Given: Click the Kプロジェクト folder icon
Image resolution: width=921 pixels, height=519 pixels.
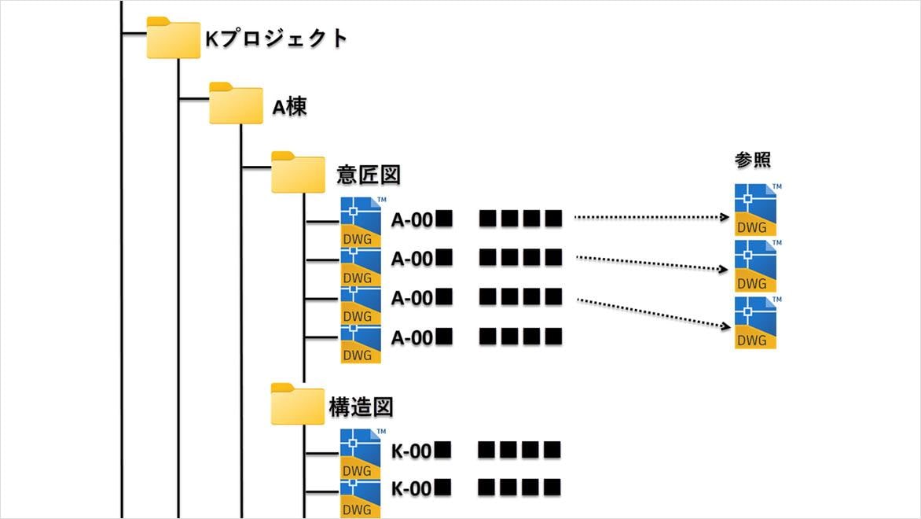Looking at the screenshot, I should pyautogui.click(x=173, y=39).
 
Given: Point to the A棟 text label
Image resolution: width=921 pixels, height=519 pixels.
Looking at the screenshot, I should pyautogui.click(x=289, y=106).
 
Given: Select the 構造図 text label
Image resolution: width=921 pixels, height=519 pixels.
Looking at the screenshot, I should pyautogui.click(x=361, y=407).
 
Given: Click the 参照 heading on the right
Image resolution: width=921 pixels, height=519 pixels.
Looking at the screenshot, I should pyautogui.click(x=752, y=160).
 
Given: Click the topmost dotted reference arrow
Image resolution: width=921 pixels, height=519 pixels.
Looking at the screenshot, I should pyautogui.click(x=648, y=217).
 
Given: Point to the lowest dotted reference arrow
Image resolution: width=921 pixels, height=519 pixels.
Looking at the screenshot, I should pyautogui.click(x=648, y=311).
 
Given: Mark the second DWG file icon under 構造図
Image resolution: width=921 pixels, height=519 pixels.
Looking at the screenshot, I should pyautogui.click(x=361, y=494).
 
